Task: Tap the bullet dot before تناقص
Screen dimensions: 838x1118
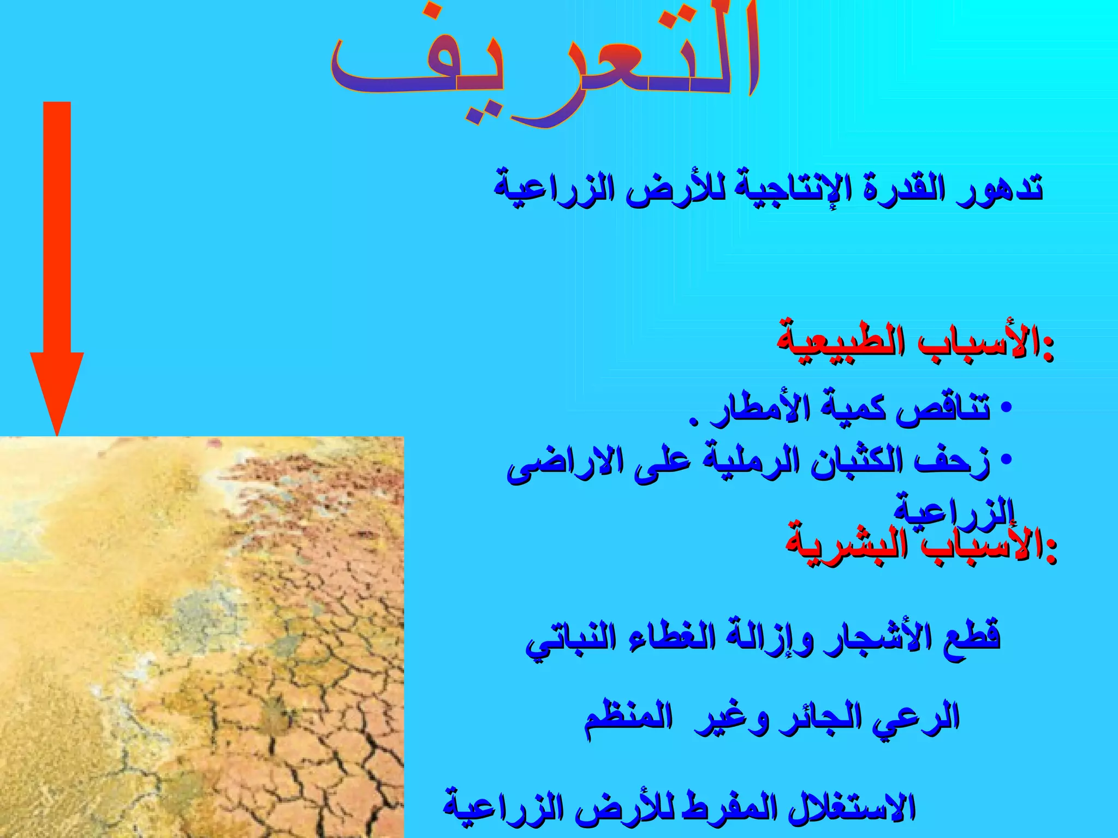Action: [x=1007, y=408]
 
